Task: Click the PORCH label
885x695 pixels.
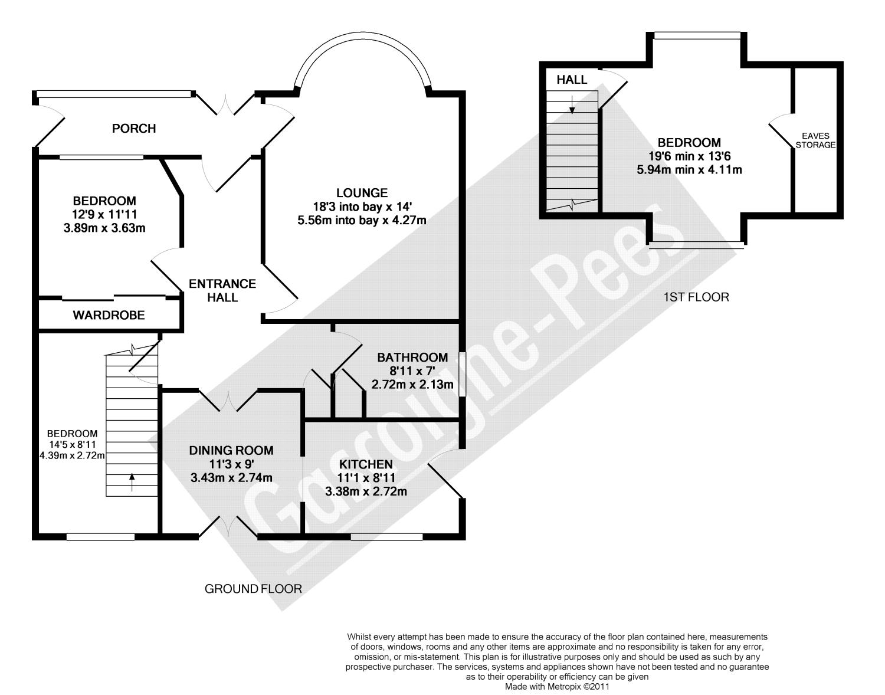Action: click(134, 129)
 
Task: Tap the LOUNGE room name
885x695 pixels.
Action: click(362, 192)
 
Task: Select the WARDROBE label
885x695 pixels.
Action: click(109, 315)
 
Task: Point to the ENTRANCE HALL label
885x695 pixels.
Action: click(222, 290)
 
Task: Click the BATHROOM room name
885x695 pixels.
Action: click(412, 358)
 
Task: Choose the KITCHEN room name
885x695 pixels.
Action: click(366, 464)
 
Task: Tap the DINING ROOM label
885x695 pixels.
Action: click(231, 450)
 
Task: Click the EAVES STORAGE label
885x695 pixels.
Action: click(815, 140)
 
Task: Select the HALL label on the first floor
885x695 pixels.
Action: click(572, 80)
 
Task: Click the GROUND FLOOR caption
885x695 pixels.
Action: click(253, 589)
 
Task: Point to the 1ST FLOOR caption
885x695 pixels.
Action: click(696, 297)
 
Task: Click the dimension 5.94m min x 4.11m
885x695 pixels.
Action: click(690, 170)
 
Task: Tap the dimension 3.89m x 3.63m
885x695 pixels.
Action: click(104, 228)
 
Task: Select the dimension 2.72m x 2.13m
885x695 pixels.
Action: click(412, 384)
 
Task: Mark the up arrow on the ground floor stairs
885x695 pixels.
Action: click(132, 481)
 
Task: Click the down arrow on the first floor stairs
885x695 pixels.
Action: click(572, 104)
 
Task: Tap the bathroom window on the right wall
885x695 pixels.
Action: click(462, 374)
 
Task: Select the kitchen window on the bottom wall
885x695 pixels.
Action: click(387, 537)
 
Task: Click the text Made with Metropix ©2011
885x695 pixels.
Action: click(557, 687)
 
